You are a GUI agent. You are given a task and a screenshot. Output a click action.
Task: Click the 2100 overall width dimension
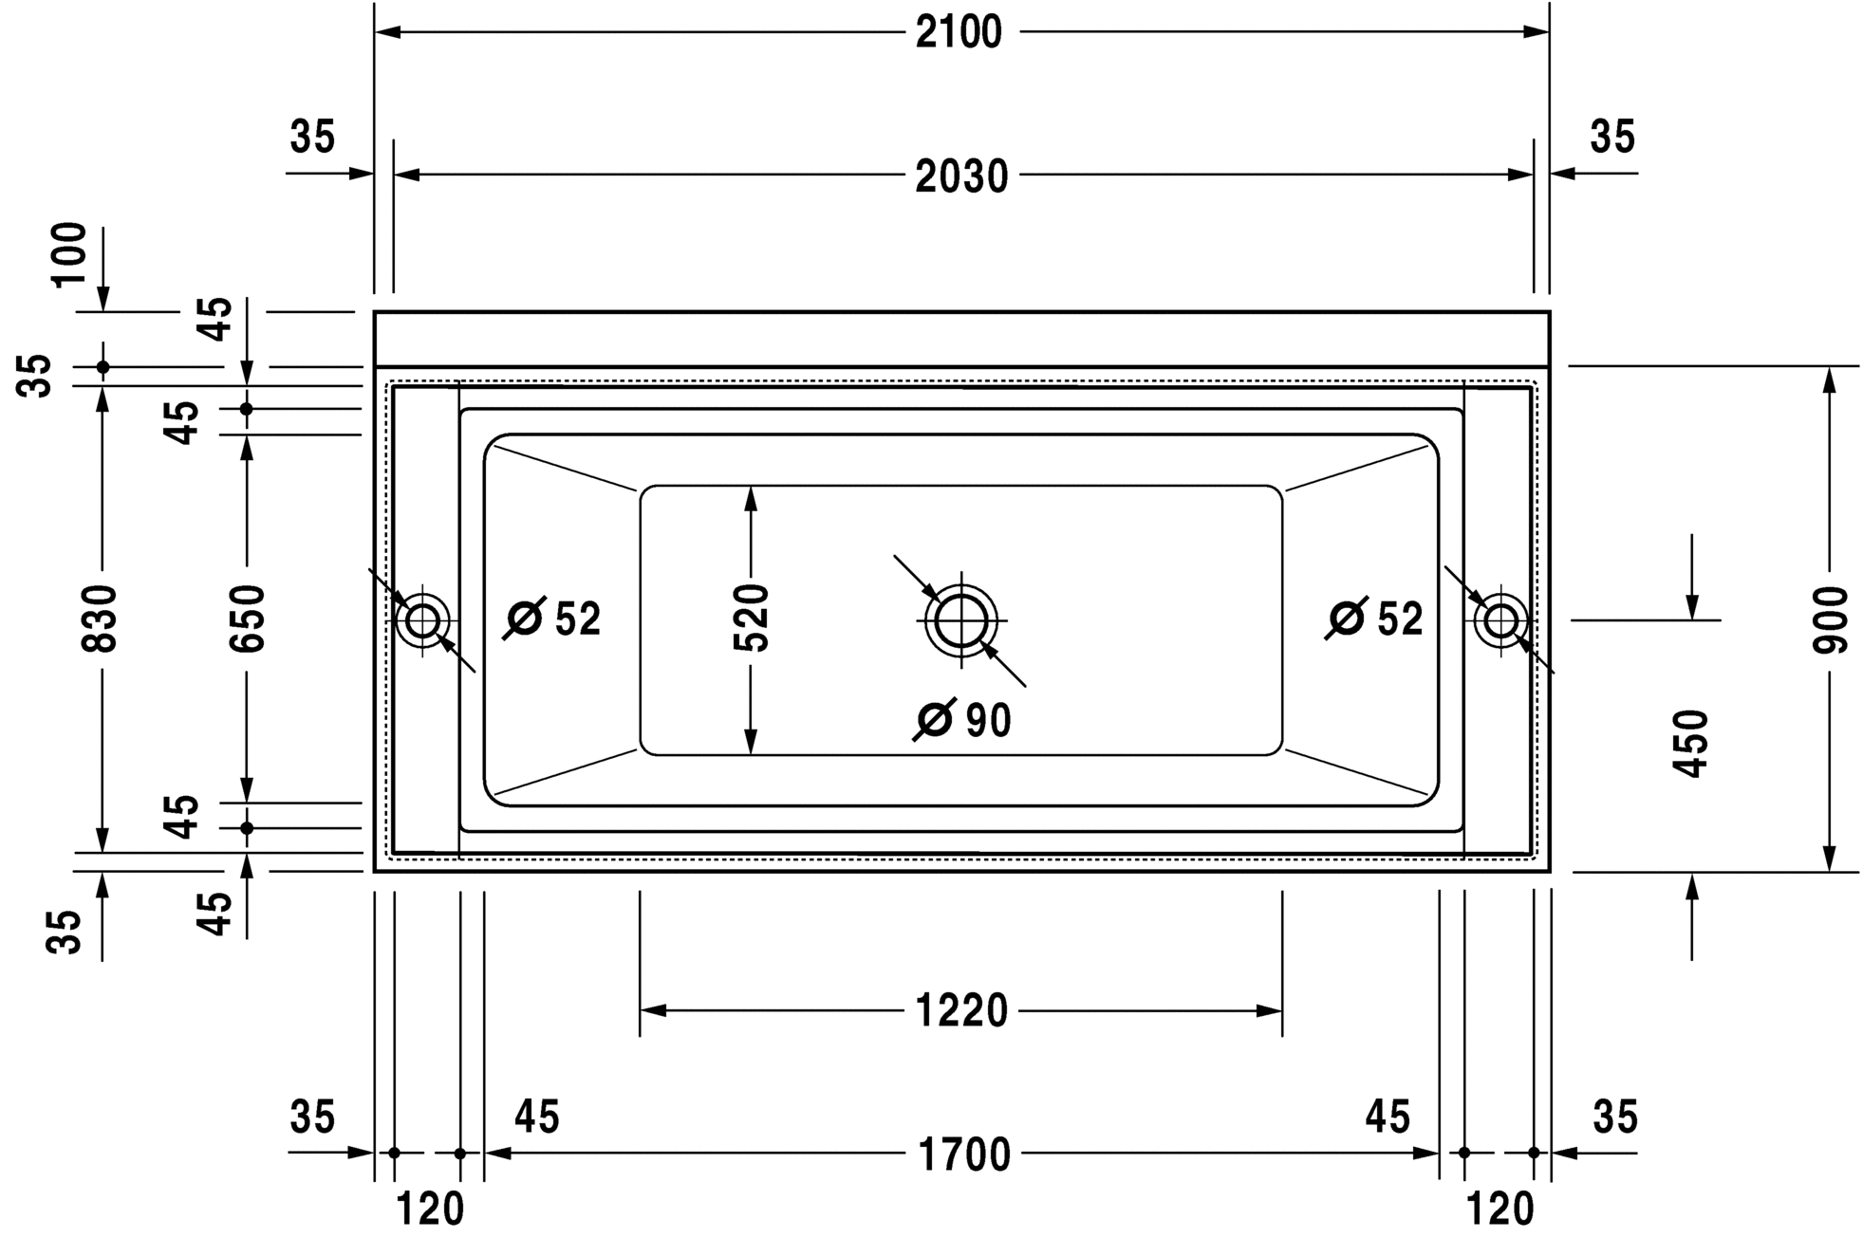tap(959, 33)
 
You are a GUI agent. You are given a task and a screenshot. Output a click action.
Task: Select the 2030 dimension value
tap(960, 177)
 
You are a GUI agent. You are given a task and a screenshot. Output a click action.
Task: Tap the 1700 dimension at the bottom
tap(964, 1155)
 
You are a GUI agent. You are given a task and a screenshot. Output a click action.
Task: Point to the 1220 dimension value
tap(960, 1011)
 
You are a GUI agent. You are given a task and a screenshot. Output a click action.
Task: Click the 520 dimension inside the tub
tap(751, 619)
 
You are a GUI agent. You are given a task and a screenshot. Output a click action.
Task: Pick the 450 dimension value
tap(1691, 744)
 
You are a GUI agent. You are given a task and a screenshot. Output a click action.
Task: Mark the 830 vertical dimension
tap(100, 619)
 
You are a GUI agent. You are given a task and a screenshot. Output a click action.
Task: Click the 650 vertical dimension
tap(247, 619)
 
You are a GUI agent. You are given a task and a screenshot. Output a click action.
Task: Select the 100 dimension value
tap(69, 253)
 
